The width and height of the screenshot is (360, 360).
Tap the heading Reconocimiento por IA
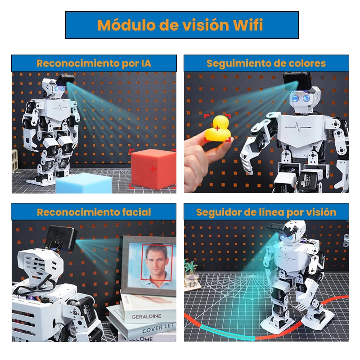(x=94, y=63)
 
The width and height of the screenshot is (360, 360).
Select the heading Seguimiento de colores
(x=266, y=63)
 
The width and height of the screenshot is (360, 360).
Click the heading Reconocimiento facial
(x=94, y=212)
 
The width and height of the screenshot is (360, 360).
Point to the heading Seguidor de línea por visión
(x=266, y=212)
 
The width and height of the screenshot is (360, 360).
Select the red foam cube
(x=153, y=169)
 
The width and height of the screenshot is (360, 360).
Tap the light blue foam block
(x=84, y=183)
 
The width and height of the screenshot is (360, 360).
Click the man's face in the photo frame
(x=157, y=261)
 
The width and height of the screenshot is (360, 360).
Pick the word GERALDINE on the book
(x=146, y=317)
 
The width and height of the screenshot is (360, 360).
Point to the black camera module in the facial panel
(x=61, y=238)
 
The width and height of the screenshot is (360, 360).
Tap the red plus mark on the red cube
(x=153, y=170)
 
